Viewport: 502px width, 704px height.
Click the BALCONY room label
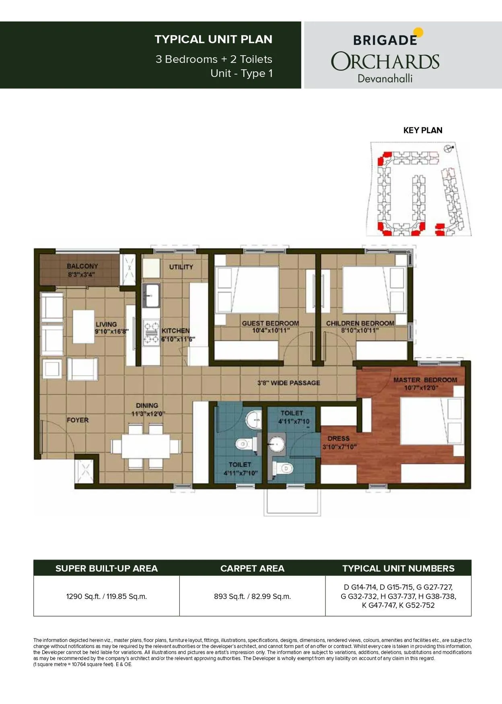[x=82, y=266]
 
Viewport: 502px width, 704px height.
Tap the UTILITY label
[x=181, y=267]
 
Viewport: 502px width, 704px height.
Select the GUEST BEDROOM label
[x=270, y=323]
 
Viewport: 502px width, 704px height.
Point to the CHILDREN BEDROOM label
[x=360, y=323]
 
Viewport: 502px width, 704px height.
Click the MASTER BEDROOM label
[x=425, y=380]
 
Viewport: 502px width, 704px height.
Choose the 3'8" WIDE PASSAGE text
[x=289, y=383]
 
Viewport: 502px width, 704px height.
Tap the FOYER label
[x=78, y=420]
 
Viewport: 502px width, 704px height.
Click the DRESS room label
[x=338, y=439]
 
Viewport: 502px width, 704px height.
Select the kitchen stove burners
[x=151, y=332]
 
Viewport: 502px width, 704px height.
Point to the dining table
[x=146, y=446]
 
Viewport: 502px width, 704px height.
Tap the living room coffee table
[x=84, y=326]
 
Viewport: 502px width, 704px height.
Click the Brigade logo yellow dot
[x=419, y=32]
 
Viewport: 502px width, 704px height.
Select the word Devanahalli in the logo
[x=385, y=78]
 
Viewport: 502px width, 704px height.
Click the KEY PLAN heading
[x=423, y=130]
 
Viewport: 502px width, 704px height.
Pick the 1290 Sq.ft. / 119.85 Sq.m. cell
[x=107, y=596]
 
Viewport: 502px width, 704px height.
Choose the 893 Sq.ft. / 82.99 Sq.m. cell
[x=252, y=596]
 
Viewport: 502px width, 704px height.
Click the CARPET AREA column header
[x=252, y=568]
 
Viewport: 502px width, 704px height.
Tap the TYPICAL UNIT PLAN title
[x=213, y=39]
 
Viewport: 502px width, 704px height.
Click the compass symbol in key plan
[x=447, y=149]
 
